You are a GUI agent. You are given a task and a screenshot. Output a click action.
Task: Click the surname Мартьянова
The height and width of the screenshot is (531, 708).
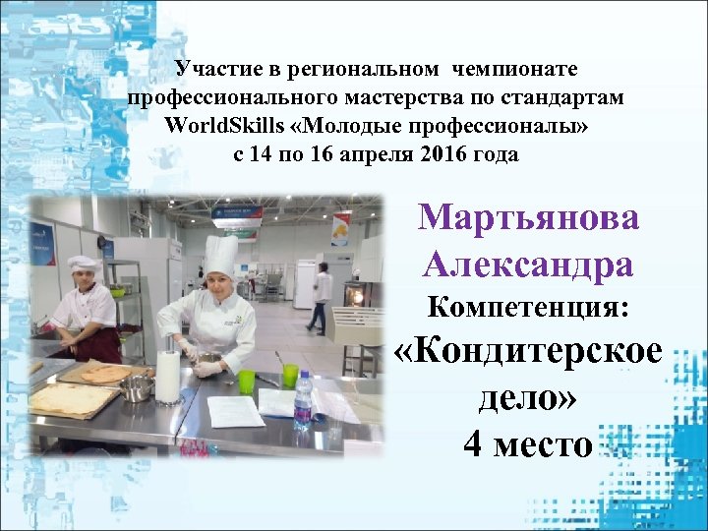(x=528, y=217)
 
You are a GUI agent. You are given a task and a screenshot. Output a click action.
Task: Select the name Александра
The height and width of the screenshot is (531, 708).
(x=528, y=263)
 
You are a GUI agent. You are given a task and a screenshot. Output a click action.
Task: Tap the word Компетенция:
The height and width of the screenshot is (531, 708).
(x=528, y=307)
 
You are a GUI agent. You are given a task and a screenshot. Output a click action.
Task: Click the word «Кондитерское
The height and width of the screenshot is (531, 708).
(x=528, y=354)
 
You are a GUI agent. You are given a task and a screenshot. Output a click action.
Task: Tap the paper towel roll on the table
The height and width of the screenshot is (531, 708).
(x=169, y=377)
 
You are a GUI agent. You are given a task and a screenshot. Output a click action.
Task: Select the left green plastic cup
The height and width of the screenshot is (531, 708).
(x=246, y=382)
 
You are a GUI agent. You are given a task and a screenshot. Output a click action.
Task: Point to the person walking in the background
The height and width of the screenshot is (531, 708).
(x=320, y=300)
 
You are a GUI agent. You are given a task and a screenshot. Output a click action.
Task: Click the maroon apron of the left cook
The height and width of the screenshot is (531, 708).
(x=98, y=344)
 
